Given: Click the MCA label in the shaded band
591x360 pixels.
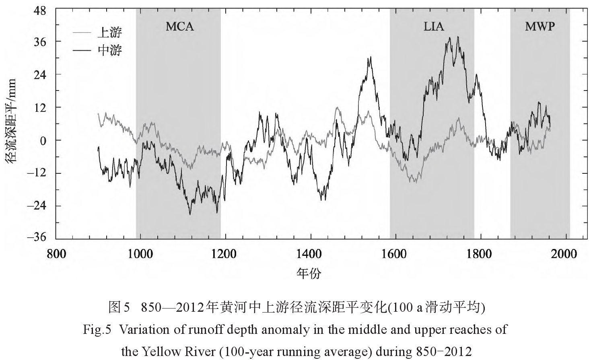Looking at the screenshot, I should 180,27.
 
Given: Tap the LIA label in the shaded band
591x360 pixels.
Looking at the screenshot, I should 434,27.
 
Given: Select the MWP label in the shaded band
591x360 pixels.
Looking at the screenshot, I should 540,27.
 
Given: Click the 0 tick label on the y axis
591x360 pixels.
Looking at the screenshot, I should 45,140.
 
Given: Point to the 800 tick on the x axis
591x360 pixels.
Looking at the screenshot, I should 56,254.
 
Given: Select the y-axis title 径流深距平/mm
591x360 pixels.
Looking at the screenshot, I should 11,121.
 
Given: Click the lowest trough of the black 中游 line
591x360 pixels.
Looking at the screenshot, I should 190,214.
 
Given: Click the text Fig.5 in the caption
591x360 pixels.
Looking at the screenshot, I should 97,330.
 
